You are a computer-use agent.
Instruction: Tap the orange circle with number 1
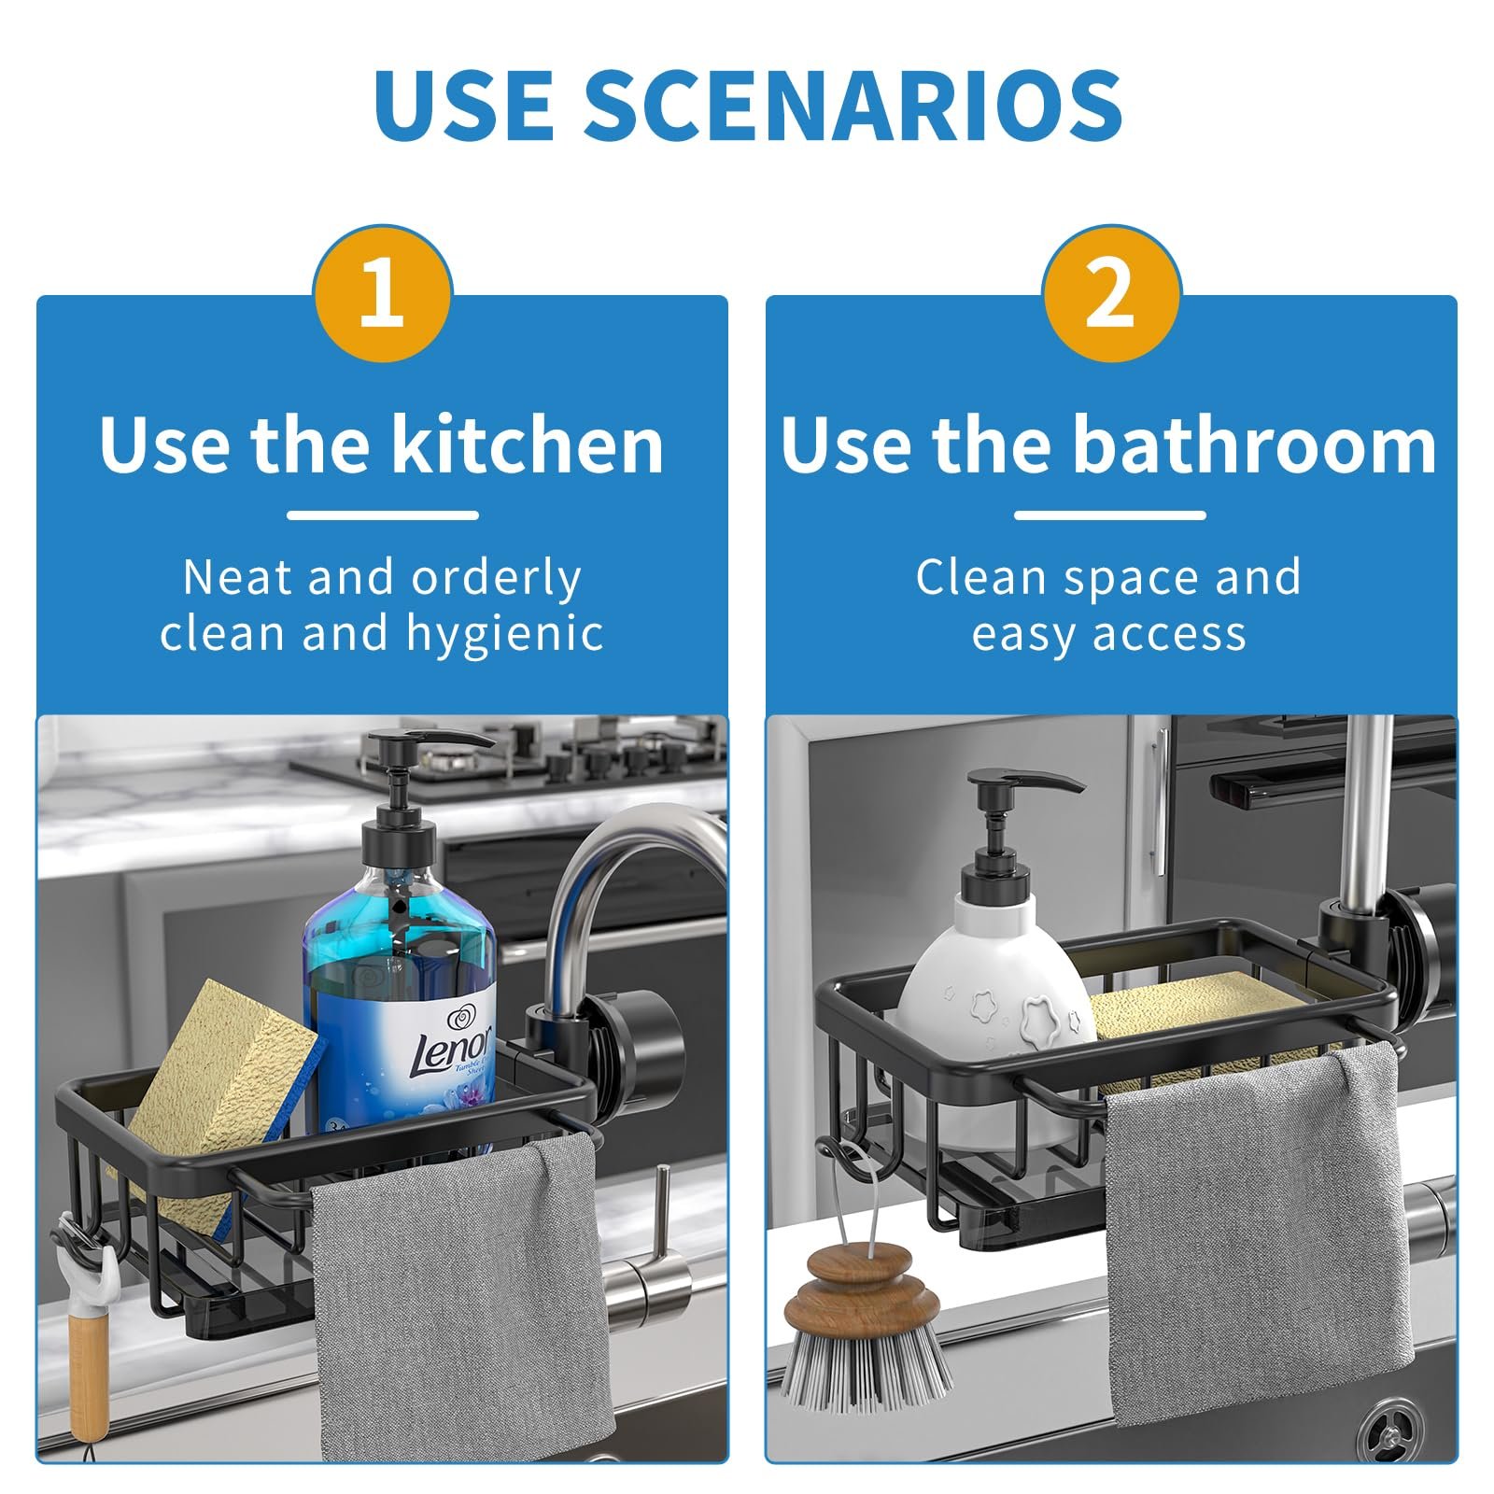(383, 293)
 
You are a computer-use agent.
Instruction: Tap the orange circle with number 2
(1111, 293)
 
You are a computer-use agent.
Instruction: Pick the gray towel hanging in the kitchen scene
(458, 1307)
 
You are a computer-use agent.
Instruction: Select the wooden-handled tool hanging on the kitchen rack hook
(89, 1345)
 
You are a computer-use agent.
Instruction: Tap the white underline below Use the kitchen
(383, 514)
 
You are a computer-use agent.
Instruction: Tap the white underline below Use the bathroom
(1110, 514)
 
